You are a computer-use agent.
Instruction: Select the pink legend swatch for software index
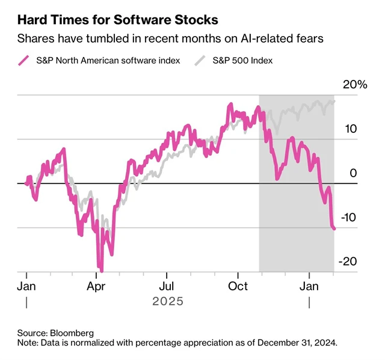(24, 61)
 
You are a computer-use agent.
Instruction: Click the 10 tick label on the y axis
(351, 129)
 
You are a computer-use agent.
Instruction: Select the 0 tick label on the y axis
(353, 173)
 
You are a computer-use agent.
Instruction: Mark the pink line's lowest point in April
(101, 270)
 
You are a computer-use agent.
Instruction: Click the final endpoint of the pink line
(334, 228)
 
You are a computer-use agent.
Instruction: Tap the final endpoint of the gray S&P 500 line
(334, 100)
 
